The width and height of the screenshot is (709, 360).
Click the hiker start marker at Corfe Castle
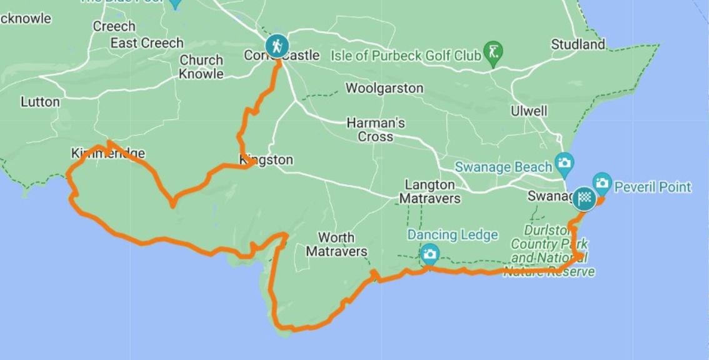click(276, 46)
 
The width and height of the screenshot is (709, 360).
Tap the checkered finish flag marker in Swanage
click(584, 198)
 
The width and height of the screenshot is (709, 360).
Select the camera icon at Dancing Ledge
click(430, 254)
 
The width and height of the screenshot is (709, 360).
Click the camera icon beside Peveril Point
click(601, 182)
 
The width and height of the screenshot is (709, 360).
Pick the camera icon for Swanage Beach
click(564, 162)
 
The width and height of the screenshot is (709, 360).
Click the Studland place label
click(578, 44)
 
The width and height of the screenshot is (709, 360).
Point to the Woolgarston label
click(385, 88)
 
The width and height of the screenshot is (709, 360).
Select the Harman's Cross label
click(376, 130)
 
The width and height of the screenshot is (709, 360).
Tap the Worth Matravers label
click(336, 244)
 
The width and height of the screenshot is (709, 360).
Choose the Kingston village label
click(266, 160)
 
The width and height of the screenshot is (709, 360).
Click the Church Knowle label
click(201, 67)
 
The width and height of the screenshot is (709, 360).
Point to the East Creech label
click(147, 43)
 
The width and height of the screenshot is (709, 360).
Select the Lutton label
click(41, 102)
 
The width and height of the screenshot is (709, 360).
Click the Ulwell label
click(529, 111)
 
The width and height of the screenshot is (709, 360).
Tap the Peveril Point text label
click(653, 187)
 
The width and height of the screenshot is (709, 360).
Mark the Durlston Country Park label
click(550, 250)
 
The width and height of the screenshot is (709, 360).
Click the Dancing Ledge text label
click(453, 235)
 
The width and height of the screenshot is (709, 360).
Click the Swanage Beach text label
click(503, 167)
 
